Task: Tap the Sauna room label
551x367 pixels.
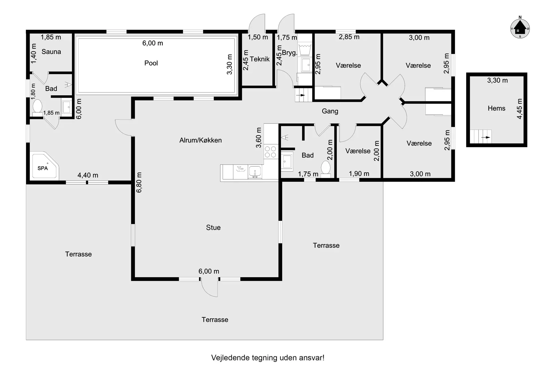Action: pyautogui.click(x=51, y=52)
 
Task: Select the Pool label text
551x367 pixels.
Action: pyautogui.click(x=151, y=63)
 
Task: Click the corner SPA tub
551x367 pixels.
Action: pyautogui.click(x=44, y=165)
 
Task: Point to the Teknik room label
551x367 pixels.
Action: pyautogui.click(x=260, y=59)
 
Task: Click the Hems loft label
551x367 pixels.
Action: pyautogui.click(x=496, y=108)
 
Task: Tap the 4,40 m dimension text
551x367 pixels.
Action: pyautogui.click(x=88, y=175)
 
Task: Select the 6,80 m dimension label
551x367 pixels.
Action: pyautogui.click(x=139, y=182)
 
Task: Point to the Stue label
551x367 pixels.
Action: pyautogui.click(x=213, y=227)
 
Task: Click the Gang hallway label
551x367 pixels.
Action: pyautogui.click(x=330, y=111)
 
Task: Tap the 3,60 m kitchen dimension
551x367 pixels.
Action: pyautogui.click(x=259, y=138)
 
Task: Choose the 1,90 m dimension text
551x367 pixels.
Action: pyautogui.click(x=359, y=174)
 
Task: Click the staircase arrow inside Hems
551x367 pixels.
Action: pyautogui.click(x=486, y=137)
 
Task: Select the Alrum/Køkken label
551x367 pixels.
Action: pyautogui.click(x=201, y=140)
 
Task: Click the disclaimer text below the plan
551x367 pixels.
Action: pyautogui.click(x=268, y=358)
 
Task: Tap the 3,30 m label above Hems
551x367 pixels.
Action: pyautogui.click(x=497, y=81)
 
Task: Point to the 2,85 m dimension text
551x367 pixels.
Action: pyautogui.click(x=349, y=37)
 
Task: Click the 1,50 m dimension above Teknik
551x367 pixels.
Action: pyautogui.click(x=258, y=37)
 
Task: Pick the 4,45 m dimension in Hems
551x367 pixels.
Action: pyautogui.click(x=519, y=109)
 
